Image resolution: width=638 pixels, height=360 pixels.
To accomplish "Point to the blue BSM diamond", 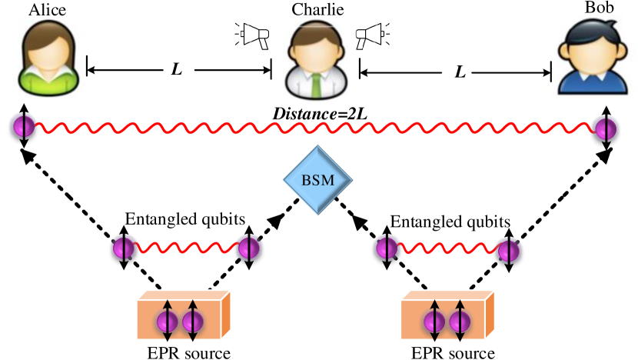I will tap(317, 181).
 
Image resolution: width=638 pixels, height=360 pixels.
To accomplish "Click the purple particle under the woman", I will tap(23, 125).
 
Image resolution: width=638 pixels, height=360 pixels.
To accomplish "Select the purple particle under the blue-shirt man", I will tap(605, 127).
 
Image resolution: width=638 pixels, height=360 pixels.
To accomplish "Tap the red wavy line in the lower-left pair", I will tap(186, 248).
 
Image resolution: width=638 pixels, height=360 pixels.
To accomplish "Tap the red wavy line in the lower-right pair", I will tap(447, 248).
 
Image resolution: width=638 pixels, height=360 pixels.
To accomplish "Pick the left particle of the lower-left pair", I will tap(125, 248).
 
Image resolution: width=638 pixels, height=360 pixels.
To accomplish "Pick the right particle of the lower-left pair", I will tap(248, 248).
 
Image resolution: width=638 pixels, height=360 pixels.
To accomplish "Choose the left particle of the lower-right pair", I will tap(386, 248).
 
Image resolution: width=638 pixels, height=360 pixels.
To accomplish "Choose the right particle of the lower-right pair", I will tap(508, 250).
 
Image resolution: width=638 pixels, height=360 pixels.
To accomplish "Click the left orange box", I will tap(183, 315).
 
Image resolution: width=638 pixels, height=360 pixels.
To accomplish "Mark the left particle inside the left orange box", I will tap(168, 322).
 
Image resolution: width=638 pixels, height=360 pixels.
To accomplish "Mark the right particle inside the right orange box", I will tap(459, 322).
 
